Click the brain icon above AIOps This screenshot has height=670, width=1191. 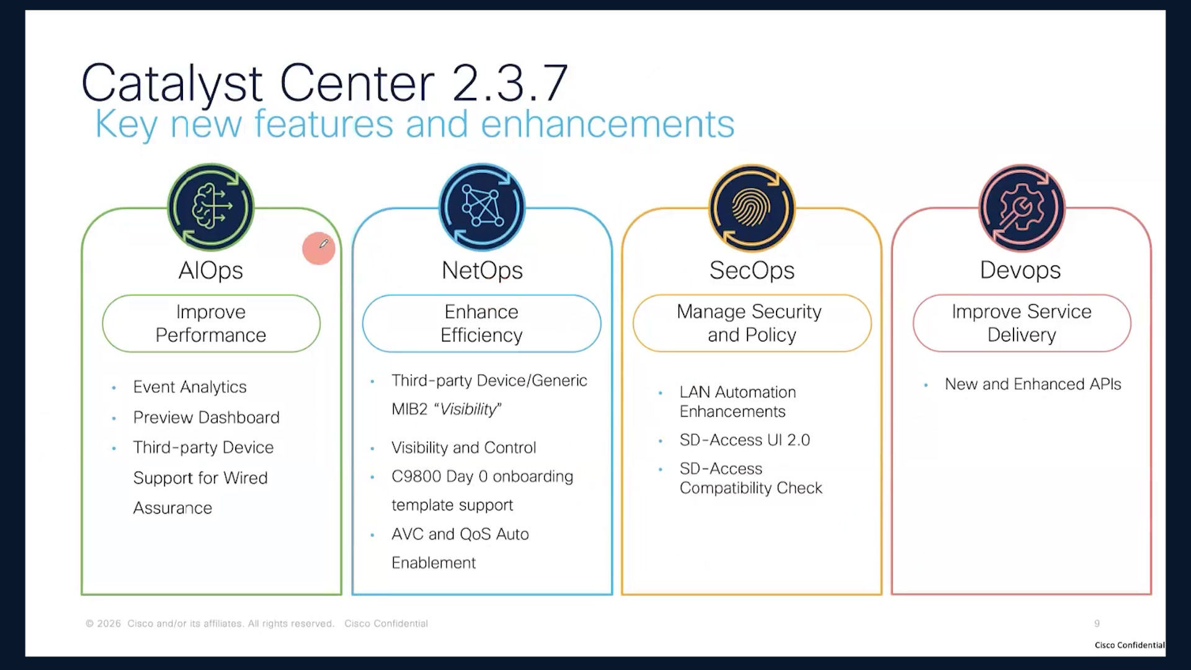[x=211, y=207]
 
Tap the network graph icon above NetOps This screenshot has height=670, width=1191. [x=482, y=207]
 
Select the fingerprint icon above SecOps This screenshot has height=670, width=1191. [x=752, y=207]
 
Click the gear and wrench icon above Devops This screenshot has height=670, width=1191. [x=1022, y=207]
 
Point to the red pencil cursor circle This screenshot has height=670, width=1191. [x=319, y=249]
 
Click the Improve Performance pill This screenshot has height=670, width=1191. [x=211, y=323]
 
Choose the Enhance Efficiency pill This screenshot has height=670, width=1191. [x=481, y=323]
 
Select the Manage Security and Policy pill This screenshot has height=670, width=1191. [x=752, y=323]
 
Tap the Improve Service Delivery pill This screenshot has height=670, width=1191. [x=1022, y=323]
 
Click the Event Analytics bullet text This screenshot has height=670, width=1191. [x=190, y=387]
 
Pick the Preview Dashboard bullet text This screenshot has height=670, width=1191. [x=207, y=418]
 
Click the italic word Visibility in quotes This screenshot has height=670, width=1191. [x=468, y=409]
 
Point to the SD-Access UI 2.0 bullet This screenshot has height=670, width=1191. [x=745, y=440]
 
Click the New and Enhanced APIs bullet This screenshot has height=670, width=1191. [x=1033, y=384]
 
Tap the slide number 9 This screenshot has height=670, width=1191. [x=1097, y=623]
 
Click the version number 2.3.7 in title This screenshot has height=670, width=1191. [x=510, y=83]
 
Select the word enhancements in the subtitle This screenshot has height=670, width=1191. [x=607, y=123]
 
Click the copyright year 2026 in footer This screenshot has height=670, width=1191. [x=109, y=623]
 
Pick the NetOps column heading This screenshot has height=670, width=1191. [x=482, y=270]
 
